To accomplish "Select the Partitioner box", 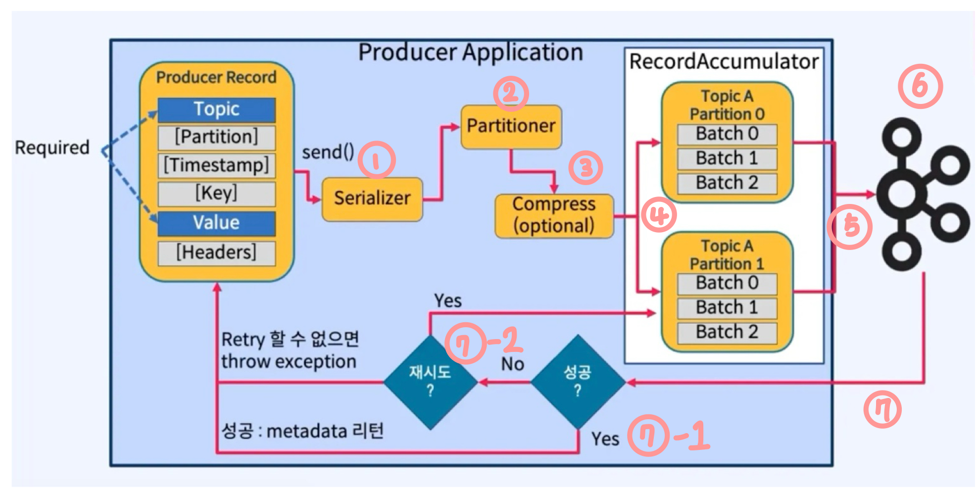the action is [x=511, y=127].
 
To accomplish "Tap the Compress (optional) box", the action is [x=554, y=216].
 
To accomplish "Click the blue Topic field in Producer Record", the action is [x=217, y=109].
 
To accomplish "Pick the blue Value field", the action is [x=217, y=223].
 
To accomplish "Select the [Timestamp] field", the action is [x=217, y=165].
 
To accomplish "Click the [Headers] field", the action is [x=217, y=253].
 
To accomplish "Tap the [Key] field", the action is [x=217, y=194].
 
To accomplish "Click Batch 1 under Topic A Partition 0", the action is [x=727, y=158].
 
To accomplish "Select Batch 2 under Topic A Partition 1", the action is [x=727, y=332].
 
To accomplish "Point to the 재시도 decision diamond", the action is [x=431, y=382].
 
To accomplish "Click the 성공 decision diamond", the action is [x=578, y=382].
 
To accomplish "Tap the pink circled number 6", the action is [x=920, y=87].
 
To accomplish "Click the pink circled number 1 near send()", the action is [x=377, y=160].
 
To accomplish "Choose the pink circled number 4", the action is [x=659, y=215].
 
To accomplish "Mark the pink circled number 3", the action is [x=586, y=168].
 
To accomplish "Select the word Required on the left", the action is [x=52, y=148].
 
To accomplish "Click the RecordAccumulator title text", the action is [x=724, y=62].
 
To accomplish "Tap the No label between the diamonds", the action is [x=513, y=364].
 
